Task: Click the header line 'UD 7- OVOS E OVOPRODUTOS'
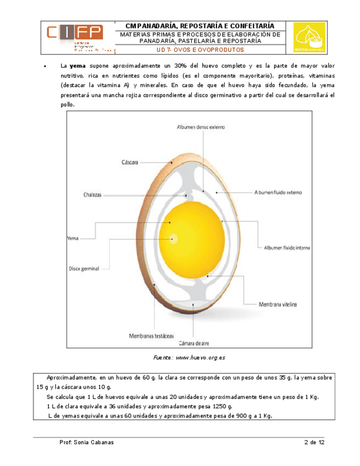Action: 200,49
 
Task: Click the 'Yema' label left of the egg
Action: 73,238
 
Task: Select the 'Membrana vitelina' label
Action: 277,303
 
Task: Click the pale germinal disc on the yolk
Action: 174,238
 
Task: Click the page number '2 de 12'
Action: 314,442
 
